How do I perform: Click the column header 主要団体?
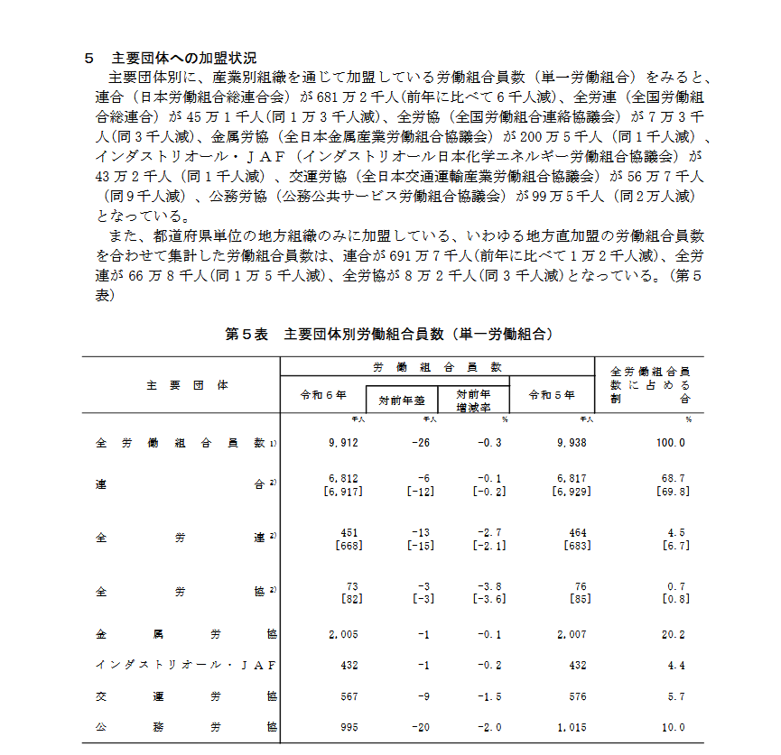(x=186, y=384)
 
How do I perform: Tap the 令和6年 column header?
(x=322, y=394)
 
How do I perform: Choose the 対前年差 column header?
(x=401, y=400)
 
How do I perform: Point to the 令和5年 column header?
(x=551, y=394)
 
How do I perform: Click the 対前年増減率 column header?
(x=472, y=400)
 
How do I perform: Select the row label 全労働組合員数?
(x=181, y=443)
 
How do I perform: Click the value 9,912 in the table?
(x=344, y=443)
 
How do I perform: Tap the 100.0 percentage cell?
(x=671, y=443)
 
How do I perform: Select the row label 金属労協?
(x=185, y=635)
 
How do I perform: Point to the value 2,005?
(x=343, y=635)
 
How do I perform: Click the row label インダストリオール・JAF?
(x=185, y=666)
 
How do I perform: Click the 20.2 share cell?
(x=674, y=635)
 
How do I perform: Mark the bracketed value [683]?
(x=576, y=546)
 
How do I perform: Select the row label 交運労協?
(x=185, y=696)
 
